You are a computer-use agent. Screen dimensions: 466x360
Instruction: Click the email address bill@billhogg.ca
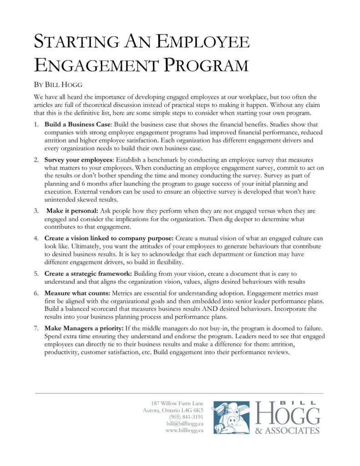coord(184,424)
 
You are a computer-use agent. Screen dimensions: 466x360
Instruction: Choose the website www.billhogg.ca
coord(184,431)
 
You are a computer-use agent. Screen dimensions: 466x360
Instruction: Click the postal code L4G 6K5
coord(190,410)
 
